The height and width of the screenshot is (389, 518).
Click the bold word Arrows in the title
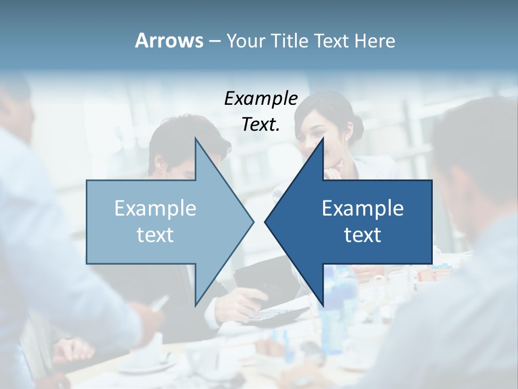pyautogui.click(x=169, y=41)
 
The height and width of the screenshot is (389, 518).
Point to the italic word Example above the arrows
pyautogui.click(x=261, y=98)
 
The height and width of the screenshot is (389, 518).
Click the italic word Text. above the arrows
pyautogui.click(x=261, y=124)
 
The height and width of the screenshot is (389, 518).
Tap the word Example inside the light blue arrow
pyautogui.click(x=155, y=209)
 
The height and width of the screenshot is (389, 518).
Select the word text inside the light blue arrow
pyautogui.click(x=155, y=234)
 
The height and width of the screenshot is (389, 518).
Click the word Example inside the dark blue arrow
pyautogui.click(x=363, y=209)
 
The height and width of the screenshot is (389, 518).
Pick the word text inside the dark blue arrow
pyautogui.click(x=363, y=234)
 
